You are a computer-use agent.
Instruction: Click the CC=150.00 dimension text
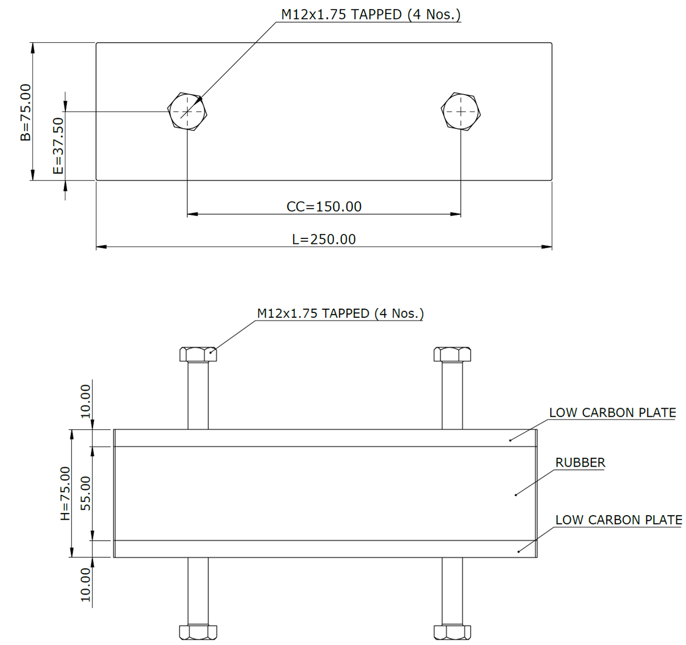point(324,207)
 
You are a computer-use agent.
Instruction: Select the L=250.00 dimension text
point(324,240)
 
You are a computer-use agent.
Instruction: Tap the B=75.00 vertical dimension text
point(25,112)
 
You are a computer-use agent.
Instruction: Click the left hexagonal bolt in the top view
point(187,111)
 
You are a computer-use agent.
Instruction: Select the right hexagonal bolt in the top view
point(460,111)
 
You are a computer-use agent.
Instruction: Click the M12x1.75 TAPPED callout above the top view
point(371,15)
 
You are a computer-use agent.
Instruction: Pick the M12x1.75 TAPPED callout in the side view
point(340,314)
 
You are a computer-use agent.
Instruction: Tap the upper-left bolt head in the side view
point(198,354)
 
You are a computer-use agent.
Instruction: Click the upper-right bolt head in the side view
point(452,354)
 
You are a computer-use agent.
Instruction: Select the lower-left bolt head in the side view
point(198,631)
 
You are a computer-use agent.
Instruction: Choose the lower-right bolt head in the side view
point(452,631)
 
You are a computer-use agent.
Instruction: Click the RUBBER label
point(580,463)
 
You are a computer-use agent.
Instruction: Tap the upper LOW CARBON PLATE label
point(612,413)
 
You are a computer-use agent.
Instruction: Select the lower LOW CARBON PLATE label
point(618,520)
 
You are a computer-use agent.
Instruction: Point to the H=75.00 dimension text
point(65,493)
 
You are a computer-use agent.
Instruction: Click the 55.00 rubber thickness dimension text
point(85,493)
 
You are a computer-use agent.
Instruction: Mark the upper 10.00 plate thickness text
point(85,401)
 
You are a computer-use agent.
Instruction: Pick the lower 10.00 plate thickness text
point(85,584)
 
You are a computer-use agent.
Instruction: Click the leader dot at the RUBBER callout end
point(516,494)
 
